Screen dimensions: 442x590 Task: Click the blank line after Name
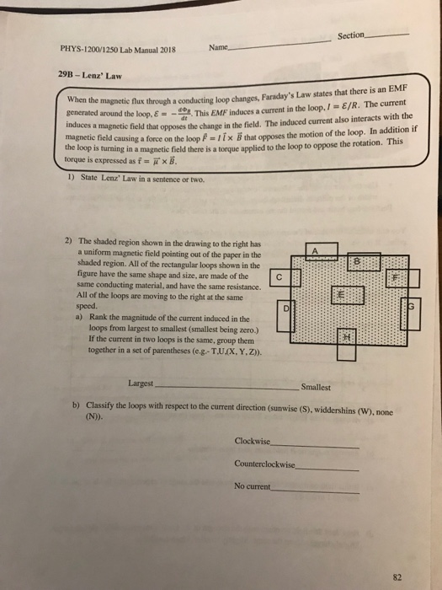(274, 49)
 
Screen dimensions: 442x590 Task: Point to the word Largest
(141, 383)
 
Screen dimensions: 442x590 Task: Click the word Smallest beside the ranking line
(316, 388)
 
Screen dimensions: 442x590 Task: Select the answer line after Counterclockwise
(328, 467)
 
